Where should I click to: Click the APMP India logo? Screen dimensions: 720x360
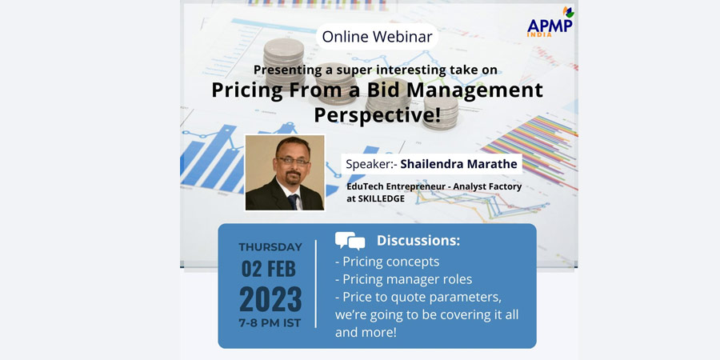tap(550, 22)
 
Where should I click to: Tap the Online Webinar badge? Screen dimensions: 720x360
tap(377, 37)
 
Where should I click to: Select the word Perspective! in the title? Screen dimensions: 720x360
tap(377, 114)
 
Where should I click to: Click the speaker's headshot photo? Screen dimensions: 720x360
tap(285, 173)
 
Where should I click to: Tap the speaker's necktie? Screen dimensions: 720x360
tap(293, 201)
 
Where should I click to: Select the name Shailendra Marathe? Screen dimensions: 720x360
tap(458, 164)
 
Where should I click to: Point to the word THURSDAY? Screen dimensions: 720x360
tap(270, 247)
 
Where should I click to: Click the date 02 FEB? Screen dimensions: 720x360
tap(269, 270)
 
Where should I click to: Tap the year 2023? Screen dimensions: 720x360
tap(270, 299)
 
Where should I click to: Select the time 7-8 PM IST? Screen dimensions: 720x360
tap(270, 323)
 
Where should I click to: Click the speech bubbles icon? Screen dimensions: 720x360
tap(350, 241)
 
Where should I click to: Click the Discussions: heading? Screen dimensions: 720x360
tap(418, 241)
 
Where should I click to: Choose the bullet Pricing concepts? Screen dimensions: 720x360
tap(387, 262)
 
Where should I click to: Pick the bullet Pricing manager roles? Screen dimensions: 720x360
tap(404, 279)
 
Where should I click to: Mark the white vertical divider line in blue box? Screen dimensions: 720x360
tap(316, 284)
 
